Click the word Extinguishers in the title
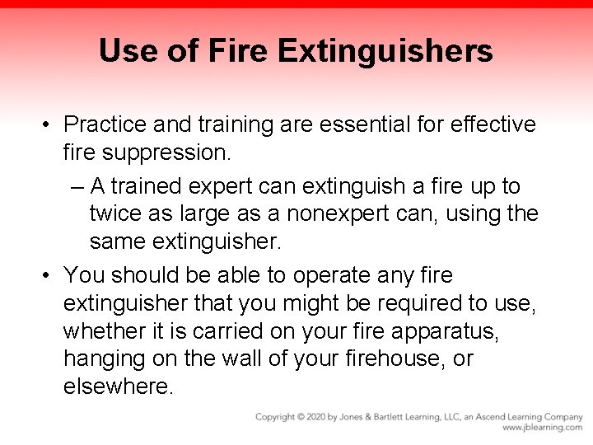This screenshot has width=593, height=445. click(385, 51)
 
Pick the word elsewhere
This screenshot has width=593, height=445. click(118, 387)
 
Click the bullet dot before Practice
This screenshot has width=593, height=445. click(49, 125)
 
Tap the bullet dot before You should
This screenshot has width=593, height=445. click(49, 275)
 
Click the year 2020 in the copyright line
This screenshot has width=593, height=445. click(314, 417)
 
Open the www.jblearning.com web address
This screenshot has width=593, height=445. click(542, 429)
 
